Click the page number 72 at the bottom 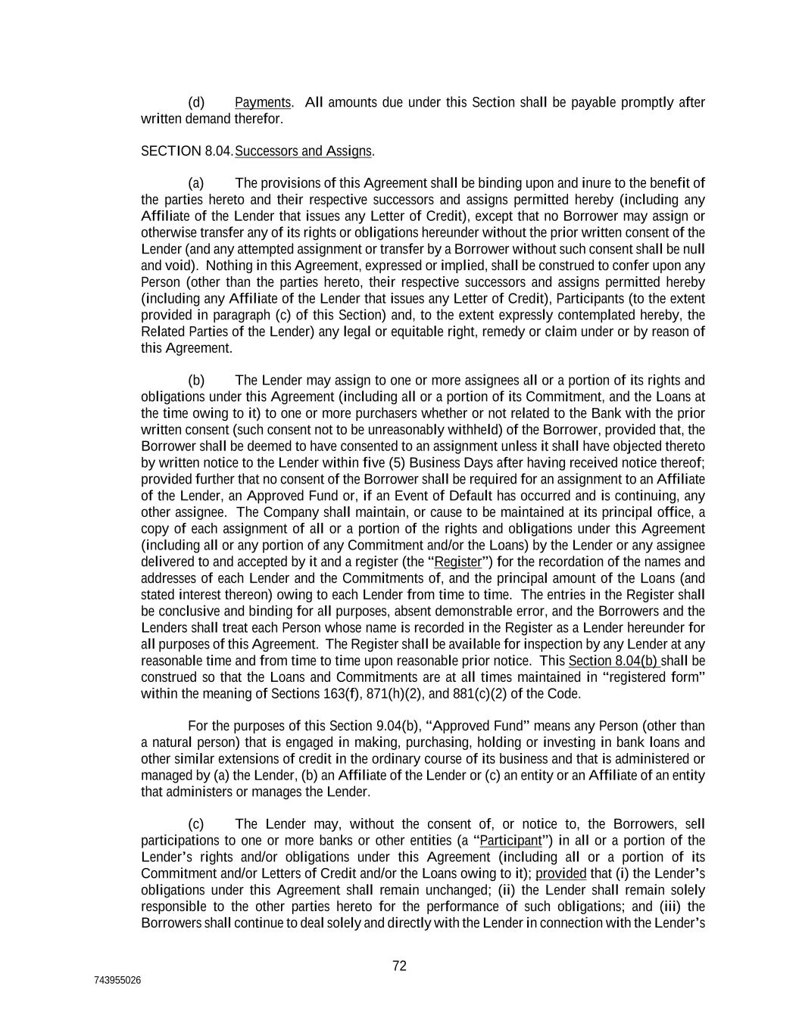pyautogui.click(x=400, y=966)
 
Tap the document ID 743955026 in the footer pyautogui.click(x=117, y=981)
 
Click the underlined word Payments pyautogui.click(x=263, y=102)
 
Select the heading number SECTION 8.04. pyautogui.click(x=187, y=151)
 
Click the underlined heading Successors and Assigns pyautogui.click(x=303, y=151)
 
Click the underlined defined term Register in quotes pyautogui.click(x=458, y=562)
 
